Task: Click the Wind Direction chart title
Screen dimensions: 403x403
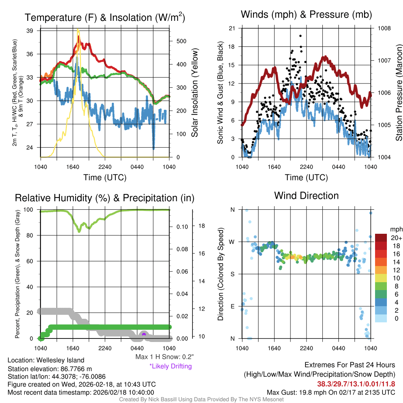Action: [x=306, y=196]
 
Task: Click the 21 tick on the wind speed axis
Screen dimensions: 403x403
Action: [x=232, y=28]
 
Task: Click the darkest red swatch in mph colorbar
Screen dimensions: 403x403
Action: [x=381, y=238]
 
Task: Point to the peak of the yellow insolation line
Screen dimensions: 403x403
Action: [x=78, y=29]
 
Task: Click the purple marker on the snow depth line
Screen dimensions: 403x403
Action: [x=144, y=334]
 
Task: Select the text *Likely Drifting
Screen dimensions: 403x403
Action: [x=170, y=366]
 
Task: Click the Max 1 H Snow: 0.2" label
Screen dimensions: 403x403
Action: [x=164, y=357]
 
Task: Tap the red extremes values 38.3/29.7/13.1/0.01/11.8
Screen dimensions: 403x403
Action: [x=356, y=384]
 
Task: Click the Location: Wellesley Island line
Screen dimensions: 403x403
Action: [x=46, y=360]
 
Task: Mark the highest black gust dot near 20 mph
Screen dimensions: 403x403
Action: [x=301, y=36]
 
